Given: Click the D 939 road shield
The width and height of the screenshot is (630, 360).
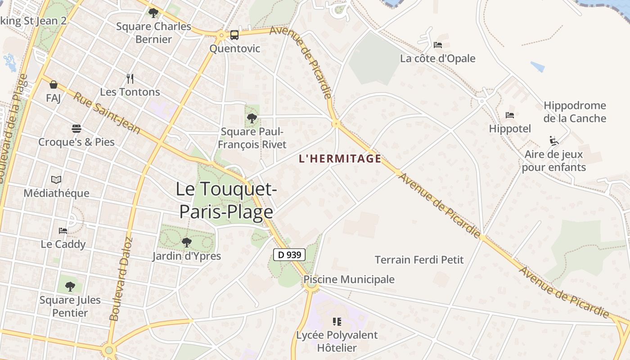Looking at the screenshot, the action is (x=289, y=255).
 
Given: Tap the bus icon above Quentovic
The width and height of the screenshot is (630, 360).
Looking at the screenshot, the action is (x=234, y=35).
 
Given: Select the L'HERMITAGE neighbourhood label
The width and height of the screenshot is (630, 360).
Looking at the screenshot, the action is (x=340, y=158).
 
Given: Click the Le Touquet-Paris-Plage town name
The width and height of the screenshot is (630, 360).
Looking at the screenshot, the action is (x=226, y=200).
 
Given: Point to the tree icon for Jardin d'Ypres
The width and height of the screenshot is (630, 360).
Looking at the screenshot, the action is (x=186, y=243).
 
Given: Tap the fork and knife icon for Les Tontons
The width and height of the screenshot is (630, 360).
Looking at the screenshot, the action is (x=130, y=79).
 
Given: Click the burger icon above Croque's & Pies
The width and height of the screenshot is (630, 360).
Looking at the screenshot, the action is (x=76, y=129).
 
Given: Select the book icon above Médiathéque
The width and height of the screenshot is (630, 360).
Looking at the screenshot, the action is (x=56, y=180).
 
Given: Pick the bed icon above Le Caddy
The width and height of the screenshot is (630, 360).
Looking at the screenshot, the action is (x=63, y=231).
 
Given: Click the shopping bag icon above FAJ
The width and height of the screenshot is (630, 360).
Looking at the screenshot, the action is (x=54, y=85).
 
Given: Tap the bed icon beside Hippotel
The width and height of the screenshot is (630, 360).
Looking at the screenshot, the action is (x=509, y=115).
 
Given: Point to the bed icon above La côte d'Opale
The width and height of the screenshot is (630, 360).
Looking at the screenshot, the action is (x=437, y=45).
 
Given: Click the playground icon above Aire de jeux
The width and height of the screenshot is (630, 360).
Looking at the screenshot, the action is (x=554, y=141).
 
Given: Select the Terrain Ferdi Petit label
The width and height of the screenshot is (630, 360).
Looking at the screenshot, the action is (x=419, y=260).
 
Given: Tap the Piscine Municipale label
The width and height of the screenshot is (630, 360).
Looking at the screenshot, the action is (x=349, y=279).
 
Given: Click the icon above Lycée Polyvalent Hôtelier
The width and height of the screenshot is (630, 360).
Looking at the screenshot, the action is (x=337, y=321).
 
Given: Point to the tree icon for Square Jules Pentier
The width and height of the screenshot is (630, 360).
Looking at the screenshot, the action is (x=70, y=286).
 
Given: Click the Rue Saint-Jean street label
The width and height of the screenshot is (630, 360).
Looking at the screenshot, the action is (x=106, y=113).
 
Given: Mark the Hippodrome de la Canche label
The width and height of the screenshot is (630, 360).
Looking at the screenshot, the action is (x=575, y=112).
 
